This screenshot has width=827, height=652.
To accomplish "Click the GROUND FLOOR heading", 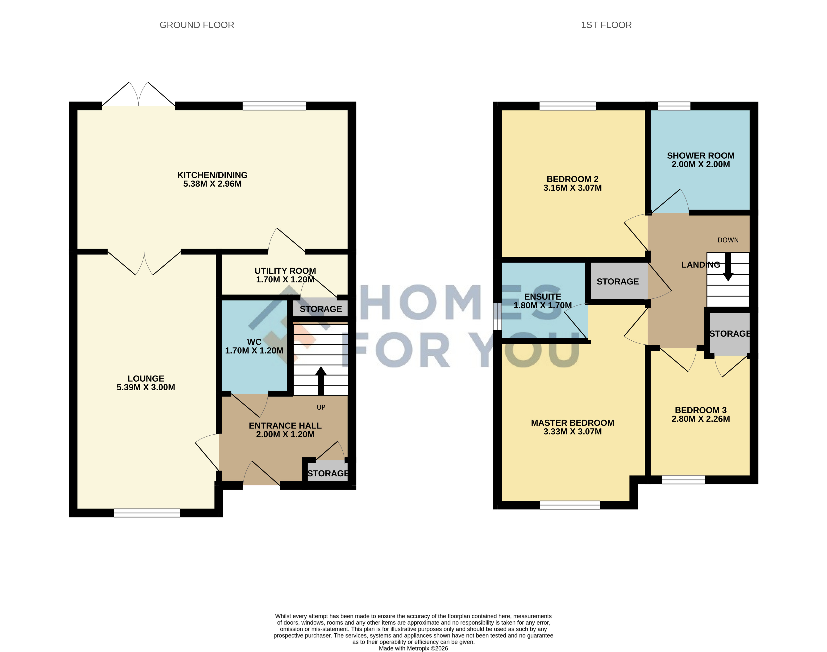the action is pos(197,25).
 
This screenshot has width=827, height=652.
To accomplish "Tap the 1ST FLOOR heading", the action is pos(606,25).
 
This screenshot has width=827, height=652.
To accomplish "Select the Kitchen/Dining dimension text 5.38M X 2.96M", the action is pos(212,184).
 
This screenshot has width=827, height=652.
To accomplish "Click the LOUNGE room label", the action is pos(146,379).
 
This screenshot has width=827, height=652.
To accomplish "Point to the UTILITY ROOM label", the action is pos(285,271).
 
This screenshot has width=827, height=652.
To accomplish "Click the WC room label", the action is pos(254,342).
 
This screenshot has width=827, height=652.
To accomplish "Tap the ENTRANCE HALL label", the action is pos(285,426).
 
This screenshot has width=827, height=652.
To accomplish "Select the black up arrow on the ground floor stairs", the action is pos(321,381).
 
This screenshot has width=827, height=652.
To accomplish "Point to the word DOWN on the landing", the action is pos(728,240).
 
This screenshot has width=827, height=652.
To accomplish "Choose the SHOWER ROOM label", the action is pos(701,156).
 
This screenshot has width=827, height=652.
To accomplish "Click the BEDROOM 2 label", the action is pos(572,179).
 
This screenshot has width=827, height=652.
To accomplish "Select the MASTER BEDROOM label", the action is pos(572,423).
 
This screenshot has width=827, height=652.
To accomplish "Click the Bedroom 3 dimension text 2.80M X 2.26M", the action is pos(701,419).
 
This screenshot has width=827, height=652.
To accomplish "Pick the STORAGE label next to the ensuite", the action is pos(618,282).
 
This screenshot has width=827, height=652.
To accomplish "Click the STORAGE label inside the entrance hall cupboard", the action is pos(328,474).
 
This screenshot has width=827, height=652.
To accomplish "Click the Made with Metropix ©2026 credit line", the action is pos(413,648).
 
